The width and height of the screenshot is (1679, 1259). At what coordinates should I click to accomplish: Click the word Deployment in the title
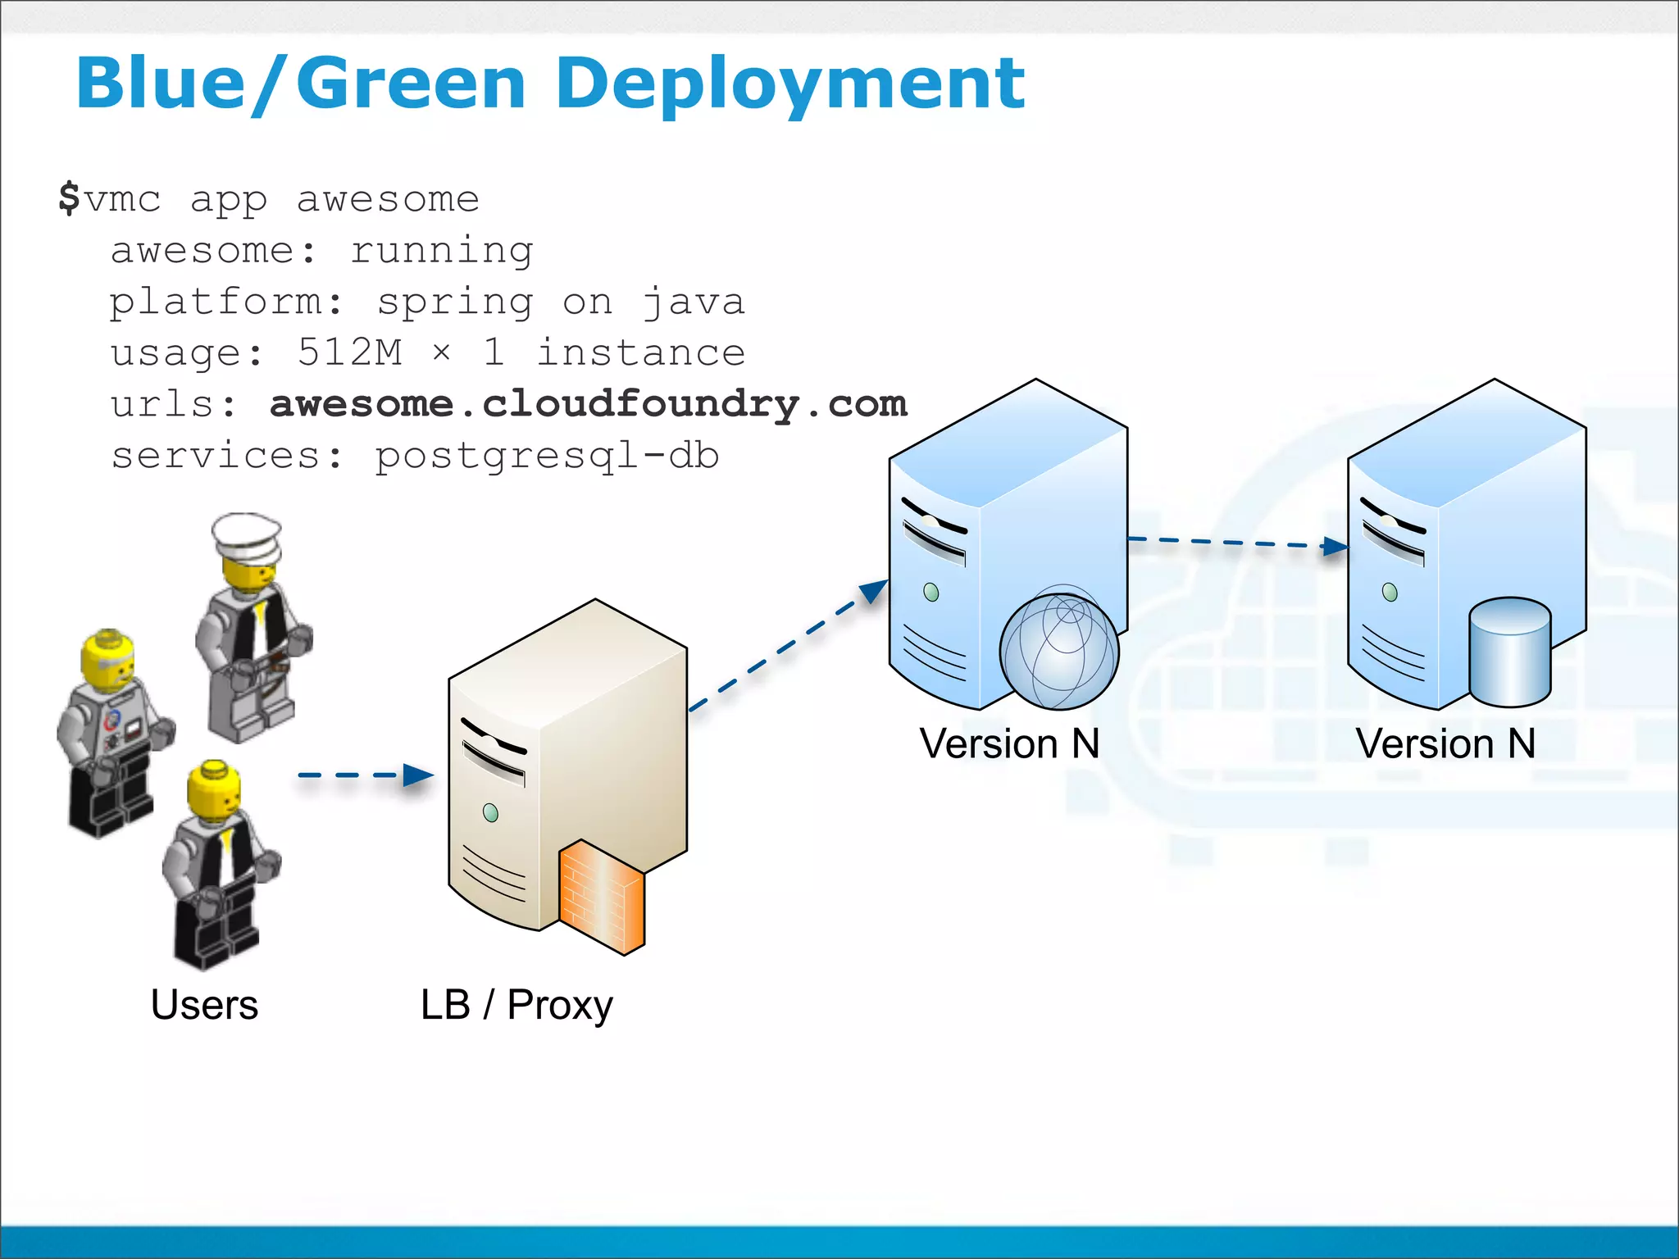click(789, 84)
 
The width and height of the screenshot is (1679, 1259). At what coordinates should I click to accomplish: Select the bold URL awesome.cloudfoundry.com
click(588, 404)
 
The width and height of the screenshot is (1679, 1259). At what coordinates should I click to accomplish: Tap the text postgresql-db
click(547, 456)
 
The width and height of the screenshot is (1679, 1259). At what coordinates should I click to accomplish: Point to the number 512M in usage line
click(349, 352)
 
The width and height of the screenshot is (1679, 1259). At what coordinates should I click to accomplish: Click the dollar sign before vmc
click(69, 198)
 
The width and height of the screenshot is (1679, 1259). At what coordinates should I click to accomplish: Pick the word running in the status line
click(442, 250)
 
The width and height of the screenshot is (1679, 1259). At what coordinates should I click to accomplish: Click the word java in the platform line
click(693, 302)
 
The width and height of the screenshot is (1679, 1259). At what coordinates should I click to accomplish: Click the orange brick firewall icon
click(601, 898)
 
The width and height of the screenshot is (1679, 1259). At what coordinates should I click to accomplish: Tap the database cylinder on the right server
click(1509, 652)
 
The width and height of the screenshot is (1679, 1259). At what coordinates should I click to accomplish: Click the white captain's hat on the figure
click(247, 534)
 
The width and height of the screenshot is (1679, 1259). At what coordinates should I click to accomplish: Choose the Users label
click(204, 1004)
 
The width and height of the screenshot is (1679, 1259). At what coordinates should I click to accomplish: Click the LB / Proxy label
click(516, 1005)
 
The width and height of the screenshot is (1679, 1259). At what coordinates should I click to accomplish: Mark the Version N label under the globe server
click(1008, 743)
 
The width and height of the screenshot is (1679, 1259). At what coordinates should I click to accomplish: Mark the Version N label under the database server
click(1445, 743)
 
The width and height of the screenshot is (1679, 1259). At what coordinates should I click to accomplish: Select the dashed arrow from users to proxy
click(365, 775)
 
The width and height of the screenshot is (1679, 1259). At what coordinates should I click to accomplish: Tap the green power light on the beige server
click(490, 812)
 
